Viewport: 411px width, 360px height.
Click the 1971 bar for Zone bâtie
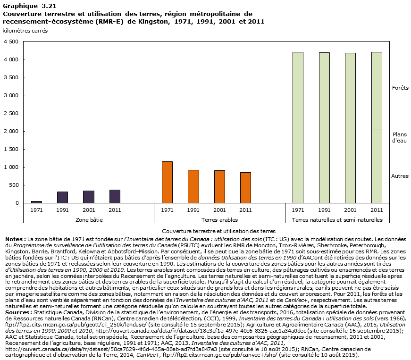(36, 201)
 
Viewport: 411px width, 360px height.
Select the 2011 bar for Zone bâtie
(115, 196)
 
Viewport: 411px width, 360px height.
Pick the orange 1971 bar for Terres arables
(167, 182)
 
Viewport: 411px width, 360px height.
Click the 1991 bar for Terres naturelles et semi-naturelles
(324, 127)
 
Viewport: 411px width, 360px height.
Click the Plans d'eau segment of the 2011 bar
(377, 138)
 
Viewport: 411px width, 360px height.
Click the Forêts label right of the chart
(400, 88)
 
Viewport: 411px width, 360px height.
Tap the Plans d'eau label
(400, 137)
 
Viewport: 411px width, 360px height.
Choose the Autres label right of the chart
(400, 176)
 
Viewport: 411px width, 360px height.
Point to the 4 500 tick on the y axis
(11, 42)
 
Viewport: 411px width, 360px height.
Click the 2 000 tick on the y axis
(11, 131)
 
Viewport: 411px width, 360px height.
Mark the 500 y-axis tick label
(14, 185)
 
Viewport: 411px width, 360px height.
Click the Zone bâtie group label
(89, 220)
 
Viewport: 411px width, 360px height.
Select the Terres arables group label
(219, 220)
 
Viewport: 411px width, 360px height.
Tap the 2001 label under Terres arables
(219, 209)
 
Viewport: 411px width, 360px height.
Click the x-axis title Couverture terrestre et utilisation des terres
(218, 231)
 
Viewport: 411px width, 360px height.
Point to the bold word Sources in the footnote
(16, 311)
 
